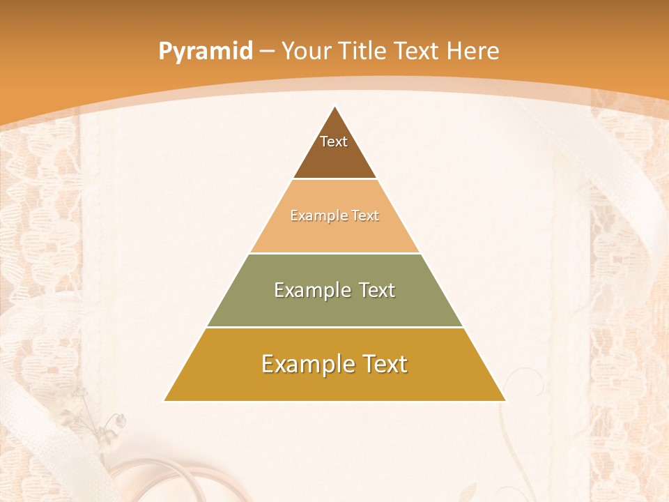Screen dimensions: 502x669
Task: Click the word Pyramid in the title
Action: coord(205,52)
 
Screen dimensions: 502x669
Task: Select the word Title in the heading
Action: coord(363,52)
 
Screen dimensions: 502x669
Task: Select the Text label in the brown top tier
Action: coord(334,142)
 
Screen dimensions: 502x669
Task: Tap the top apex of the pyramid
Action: coord(334,107)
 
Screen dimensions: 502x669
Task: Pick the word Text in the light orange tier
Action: coord(365,216)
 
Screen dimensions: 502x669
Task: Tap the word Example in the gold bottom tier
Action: coord(304,364)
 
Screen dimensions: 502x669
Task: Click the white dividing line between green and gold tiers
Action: coord(334,327)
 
